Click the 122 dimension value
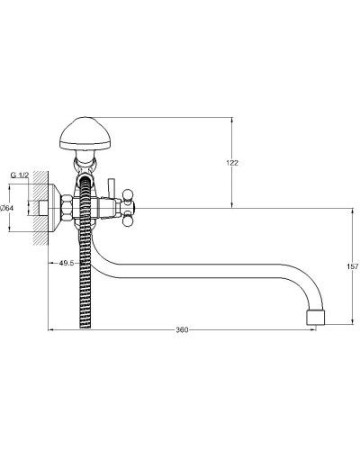click(x=232, y=163)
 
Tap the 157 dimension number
click(x=353, y=266)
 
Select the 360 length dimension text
click(x=182, y=330)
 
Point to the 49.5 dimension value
click(x=67, y=263)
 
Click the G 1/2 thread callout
click(x=20, y=175)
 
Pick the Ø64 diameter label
click(x=6, y=208)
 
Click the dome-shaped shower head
click(x=85, y=133)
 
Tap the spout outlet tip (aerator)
click(x=316, y=318)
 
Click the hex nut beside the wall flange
click(x=67, y=208)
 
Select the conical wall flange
click(x=55, y=208)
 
